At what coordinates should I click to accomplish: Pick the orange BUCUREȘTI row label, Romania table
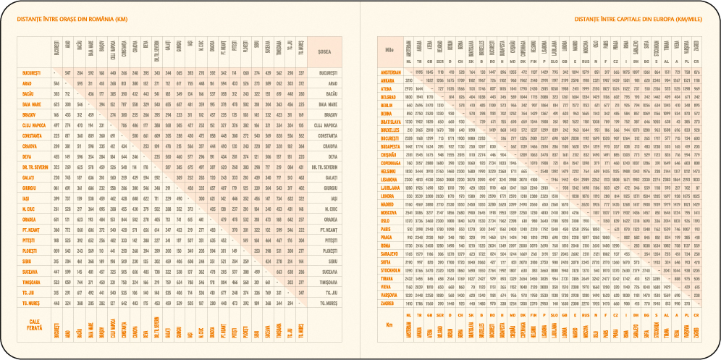coord(31,73)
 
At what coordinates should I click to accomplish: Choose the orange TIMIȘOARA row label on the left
coord(31,282)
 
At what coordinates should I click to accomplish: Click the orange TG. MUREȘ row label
coord(31,303)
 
